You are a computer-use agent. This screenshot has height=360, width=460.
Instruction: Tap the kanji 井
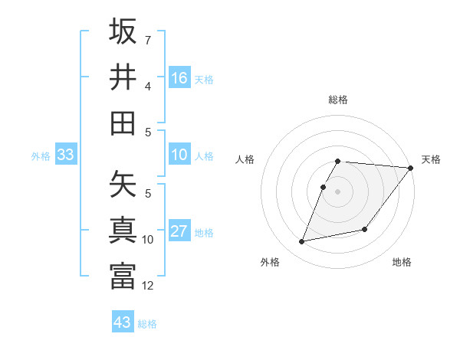click(123, 77)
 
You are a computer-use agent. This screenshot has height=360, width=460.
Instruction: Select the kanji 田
click(123, 123)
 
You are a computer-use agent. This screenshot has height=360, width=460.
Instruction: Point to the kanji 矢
click(123, 185)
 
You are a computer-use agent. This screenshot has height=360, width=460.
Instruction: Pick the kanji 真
click(123, 231)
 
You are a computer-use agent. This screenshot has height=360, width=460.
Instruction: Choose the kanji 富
click(123, 277)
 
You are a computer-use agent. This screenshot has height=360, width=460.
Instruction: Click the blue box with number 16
click(179, 77)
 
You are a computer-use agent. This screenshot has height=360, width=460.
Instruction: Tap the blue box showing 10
click(179, 155)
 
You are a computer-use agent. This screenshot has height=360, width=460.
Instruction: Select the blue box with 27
click(179, 231)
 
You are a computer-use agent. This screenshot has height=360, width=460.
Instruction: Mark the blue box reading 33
click(65, 155)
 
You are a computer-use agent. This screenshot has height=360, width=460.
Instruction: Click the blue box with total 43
click(123, 322)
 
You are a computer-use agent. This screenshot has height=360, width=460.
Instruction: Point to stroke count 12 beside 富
click(148, 286)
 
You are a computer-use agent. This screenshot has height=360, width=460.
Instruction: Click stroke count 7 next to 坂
click(148, 39)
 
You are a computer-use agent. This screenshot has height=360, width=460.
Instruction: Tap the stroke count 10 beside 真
click(148, 240)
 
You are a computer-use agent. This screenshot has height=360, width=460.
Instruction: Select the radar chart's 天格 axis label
click(431, 159)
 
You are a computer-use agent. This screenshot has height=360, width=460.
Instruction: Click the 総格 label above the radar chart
click(337, 100)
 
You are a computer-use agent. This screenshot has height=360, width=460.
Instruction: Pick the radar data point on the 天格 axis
click(410, 168)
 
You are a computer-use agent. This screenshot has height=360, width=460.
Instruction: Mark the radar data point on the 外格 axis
click(302, 241)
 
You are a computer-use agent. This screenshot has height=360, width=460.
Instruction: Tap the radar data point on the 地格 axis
click(365, 229)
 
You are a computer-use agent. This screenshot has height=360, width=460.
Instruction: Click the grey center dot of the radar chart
click(337, 191)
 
